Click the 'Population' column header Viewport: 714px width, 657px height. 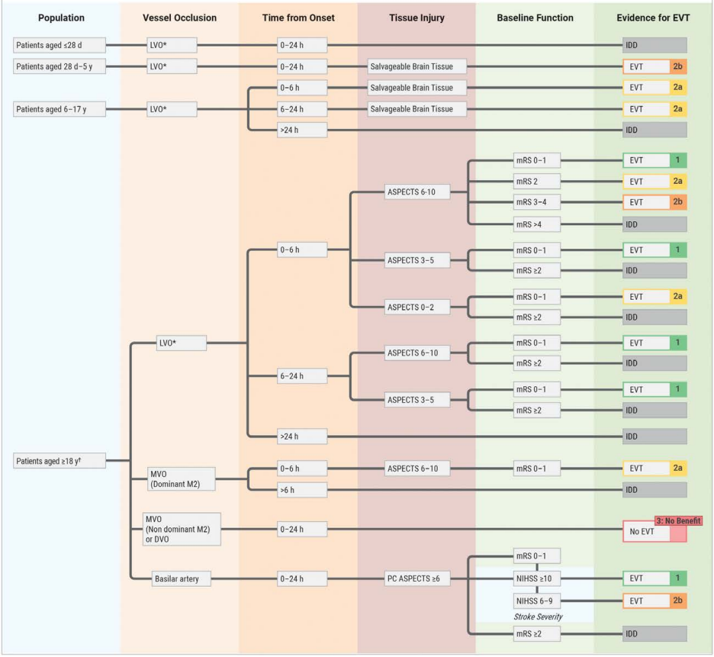[x=61, y=18]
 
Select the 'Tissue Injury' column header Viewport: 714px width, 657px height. [x=416, y=18]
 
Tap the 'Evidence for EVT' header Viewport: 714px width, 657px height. [x=653, y=18]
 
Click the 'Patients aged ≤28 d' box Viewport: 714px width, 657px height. [x=59, y=45]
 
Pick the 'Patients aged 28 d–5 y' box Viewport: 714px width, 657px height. [x=59, y=66]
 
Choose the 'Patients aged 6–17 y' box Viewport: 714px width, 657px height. [x=59, y=109]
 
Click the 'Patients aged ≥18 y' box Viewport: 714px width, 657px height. [x=59, y=461]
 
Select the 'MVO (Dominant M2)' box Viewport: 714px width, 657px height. [x=182, y=479]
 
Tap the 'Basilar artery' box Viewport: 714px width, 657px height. [x=182, y=578]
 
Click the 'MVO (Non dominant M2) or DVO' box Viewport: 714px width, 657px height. [x=182, y=529]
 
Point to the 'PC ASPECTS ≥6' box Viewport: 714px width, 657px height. [x=417, y=578]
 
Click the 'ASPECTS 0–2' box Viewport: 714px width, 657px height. [x=417, y=307]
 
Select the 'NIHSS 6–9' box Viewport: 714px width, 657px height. [x=536, y=601]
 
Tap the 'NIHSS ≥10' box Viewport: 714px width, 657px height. [x=536, y=578]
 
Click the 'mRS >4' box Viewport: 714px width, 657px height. [x=536, y=224]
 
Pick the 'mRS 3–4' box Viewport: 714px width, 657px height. [x=536, y=202]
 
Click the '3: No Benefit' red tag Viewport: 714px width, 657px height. [x=678, y=520]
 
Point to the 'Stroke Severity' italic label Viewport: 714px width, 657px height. [x=539, y=617]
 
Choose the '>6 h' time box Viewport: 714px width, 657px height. [x=302, y=490]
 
